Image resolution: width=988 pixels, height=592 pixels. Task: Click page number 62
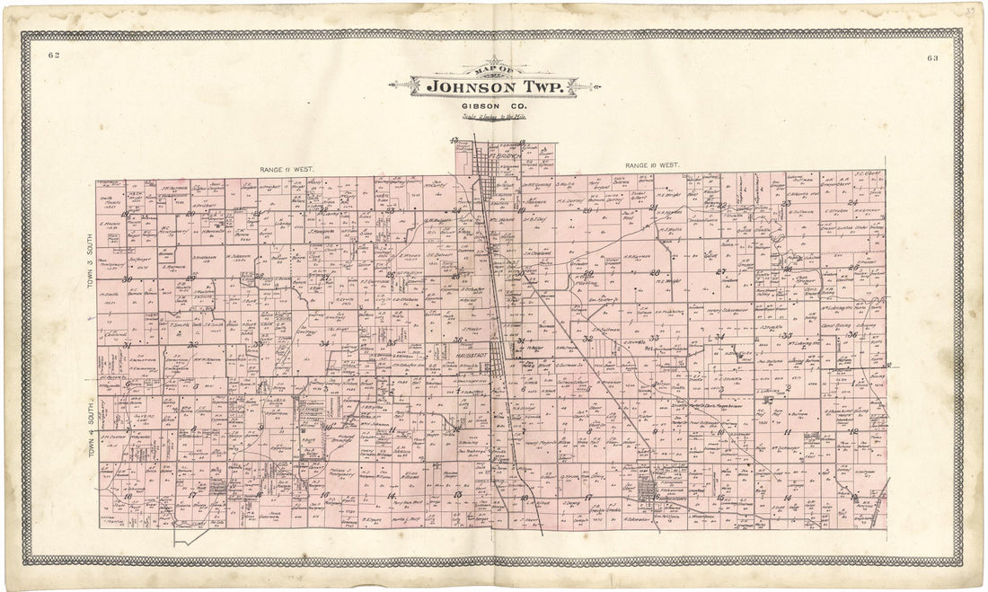point(54,56)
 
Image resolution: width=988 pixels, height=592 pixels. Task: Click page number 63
point(932,58)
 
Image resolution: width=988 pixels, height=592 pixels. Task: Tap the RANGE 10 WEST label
point(652,166)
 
